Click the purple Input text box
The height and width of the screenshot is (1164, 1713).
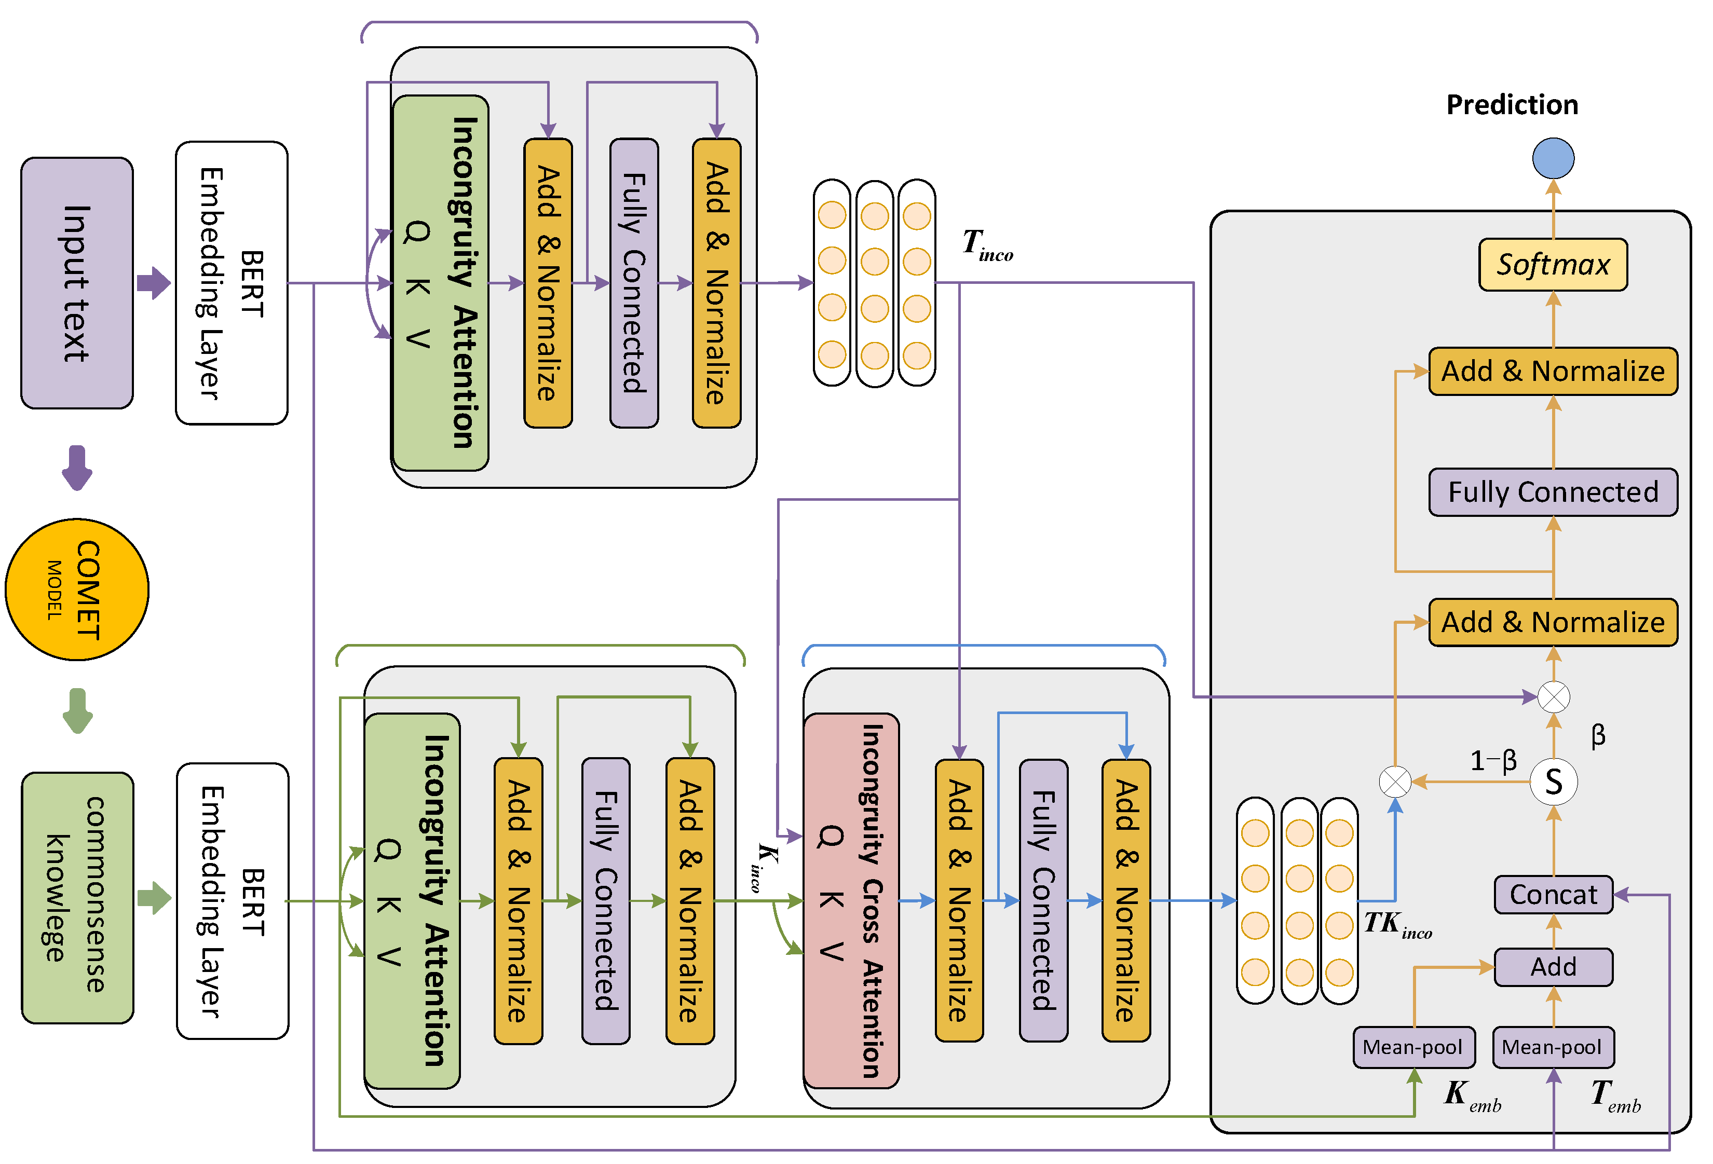77,283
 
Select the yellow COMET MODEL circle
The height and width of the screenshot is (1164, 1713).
77,590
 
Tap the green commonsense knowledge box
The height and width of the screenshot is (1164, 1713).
77,897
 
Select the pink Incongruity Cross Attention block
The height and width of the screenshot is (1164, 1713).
851,900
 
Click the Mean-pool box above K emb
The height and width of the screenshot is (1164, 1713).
1413,1047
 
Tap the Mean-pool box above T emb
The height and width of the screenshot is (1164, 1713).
1552,1047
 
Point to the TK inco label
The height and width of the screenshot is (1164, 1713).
1397,925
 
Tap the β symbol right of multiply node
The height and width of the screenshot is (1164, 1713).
1597,735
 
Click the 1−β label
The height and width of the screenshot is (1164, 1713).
1492,760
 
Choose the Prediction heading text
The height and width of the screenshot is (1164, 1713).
1511,105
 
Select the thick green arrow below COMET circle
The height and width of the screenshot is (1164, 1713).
77,710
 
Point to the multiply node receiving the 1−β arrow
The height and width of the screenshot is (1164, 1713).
1395,782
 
